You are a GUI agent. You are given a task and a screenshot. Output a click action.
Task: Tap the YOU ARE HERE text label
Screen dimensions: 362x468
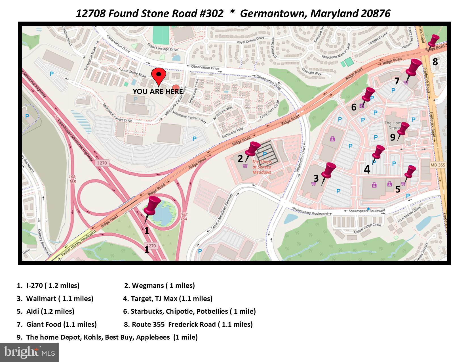click(158, 91)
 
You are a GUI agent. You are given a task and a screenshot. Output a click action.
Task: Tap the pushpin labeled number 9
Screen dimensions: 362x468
click(403, 129)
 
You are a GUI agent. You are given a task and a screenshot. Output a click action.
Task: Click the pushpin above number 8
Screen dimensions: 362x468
click(433, 41)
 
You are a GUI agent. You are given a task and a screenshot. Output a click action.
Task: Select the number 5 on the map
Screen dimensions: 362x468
click(398, 189)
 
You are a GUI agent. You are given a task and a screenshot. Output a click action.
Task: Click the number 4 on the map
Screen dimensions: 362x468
click(367, 170)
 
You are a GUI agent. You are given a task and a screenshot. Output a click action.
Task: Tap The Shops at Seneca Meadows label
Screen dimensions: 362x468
click(262, 167)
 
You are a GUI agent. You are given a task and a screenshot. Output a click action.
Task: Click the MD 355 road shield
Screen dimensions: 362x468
click(438, 165)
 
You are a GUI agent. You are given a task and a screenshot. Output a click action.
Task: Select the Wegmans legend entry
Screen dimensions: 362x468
click(159, 286)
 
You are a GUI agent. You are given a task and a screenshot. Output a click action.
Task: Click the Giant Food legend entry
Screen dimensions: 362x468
click(57, 324)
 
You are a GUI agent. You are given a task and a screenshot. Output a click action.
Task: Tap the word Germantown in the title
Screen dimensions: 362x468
click(273, 13)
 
